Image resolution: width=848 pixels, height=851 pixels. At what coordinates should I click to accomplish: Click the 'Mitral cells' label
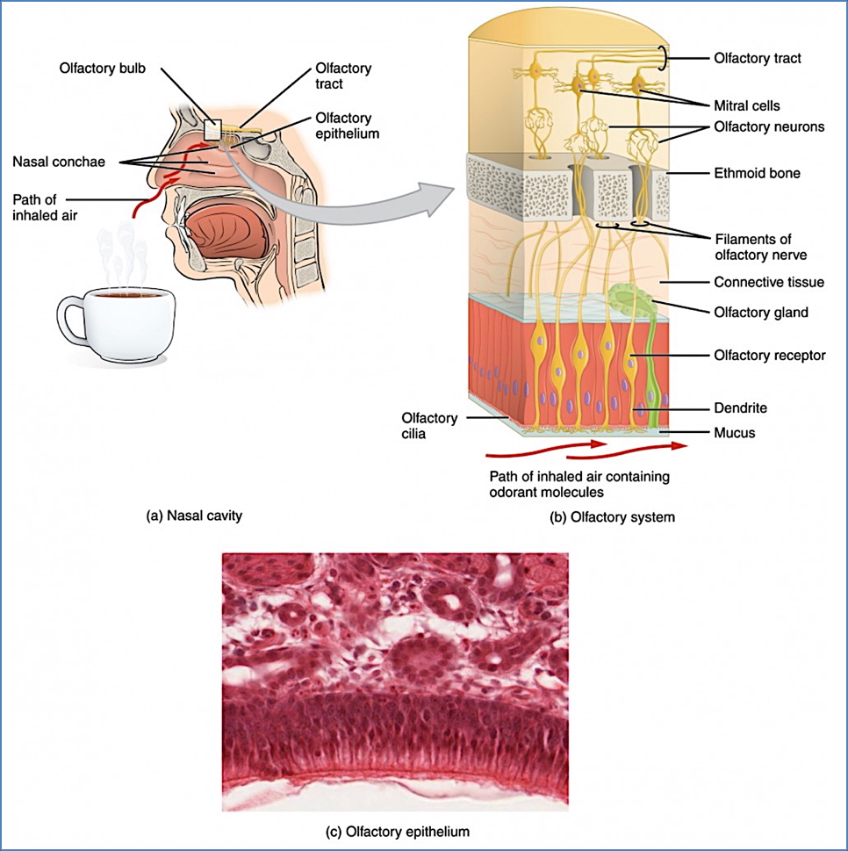click(746, 106)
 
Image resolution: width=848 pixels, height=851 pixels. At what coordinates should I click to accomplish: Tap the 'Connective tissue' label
click(768, 283)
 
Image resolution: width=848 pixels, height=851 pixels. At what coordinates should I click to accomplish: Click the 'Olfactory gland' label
click(760, 312)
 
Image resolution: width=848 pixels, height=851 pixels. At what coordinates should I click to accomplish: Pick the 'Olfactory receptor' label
click(769, 356)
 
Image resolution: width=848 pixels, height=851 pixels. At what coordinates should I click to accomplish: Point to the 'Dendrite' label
click(739, 408)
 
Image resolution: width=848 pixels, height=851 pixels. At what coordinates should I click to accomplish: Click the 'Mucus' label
click(734, 432)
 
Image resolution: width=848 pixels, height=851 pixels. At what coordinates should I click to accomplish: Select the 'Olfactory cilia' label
click(428, 426)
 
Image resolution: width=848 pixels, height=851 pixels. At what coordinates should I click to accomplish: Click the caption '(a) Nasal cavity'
click(193, 516)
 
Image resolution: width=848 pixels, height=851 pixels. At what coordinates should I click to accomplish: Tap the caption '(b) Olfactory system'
click(612, 517)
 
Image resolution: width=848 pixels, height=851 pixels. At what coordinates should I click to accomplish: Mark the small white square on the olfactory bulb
click(212, 128)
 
